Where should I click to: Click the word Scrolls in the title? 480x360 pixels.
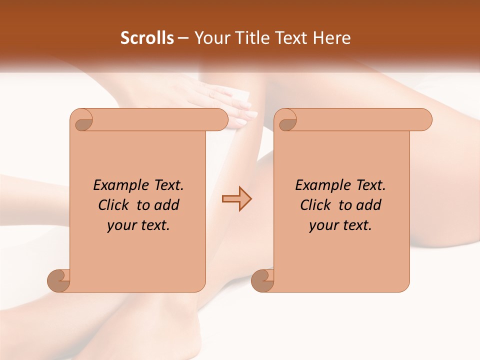click(x=147, y=38)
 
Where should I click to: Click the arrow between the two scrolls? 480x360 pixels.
click(x=236, y=199)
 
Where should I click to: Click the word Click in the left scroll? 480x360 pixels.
click(x=114, y=205)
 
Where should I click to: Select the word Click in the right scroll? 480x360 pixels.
click(x=316, y=205)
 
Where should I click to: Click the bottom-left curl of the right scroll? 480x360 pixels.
click(x=263, y=281)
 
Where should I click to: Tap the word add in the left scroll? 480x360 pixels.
click(x=167, y=205)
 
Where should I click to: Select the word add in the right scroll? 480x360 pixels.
click(x=369, y=205)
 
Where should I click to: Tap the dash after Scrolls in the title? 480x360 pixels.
click(x=183, y=38)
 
